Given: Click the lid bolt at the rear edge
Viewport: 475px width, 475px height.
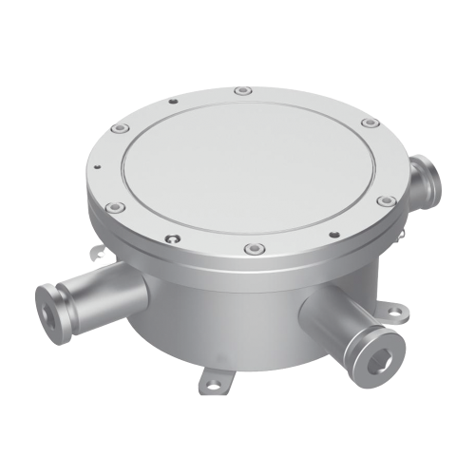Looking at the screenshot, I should (x=243, y=91).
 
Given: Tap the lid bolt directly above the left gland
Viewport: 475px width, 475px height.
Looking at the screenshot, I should (x=113, y=206).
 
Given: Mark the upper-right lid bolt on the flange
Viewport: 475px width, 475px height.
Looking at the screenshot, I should (x=367, y=123).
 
